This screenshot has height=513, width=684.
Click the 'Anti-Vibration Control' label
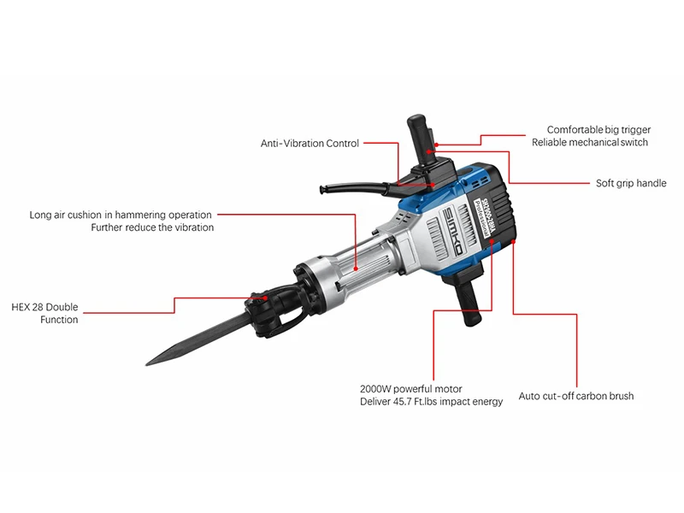pos(310,143)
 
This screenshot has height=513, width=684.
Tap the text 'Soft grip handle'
pos(631,183)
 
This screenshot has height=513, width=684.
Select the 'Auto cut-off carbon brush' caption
pos(575,396)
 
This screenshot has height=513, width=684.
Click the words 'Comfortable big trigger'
pos(598,130)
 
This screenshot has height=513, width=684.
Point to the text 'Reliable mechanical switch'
pos(590,142)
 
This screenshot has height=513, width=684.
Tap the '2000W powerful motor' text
pos(411,389)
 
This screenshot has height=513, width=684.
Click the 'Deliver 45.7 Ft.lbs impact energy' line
pos(431,401)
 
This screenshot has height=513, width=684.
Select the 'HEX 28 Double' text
pos(44,307)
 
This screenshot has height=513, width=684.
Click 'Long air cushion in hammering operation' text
pos(121,215)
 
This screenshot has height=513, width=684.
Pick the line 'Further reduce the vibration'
pos(152,227)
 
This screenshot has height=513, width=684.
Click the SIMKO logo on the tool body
pos(453,231)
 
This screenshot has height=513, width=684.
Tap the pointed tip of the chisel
pos(146,364)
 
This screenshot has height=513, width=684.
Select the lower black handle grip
pos(469,302)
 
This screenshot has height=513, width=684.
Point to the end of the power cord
pos(322,189)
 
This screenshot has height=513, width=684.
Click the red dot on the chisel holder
pos(265,298)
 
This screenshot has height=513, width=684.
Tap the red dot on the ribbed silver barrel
pos(356,268)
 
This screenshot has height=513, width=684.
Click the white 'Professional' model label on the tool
pos(484,219)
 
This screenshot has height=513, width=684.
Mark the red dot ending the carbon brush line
pos(514,242)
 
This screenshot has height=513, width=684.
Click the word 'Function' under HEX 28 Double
pos(59,320)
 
